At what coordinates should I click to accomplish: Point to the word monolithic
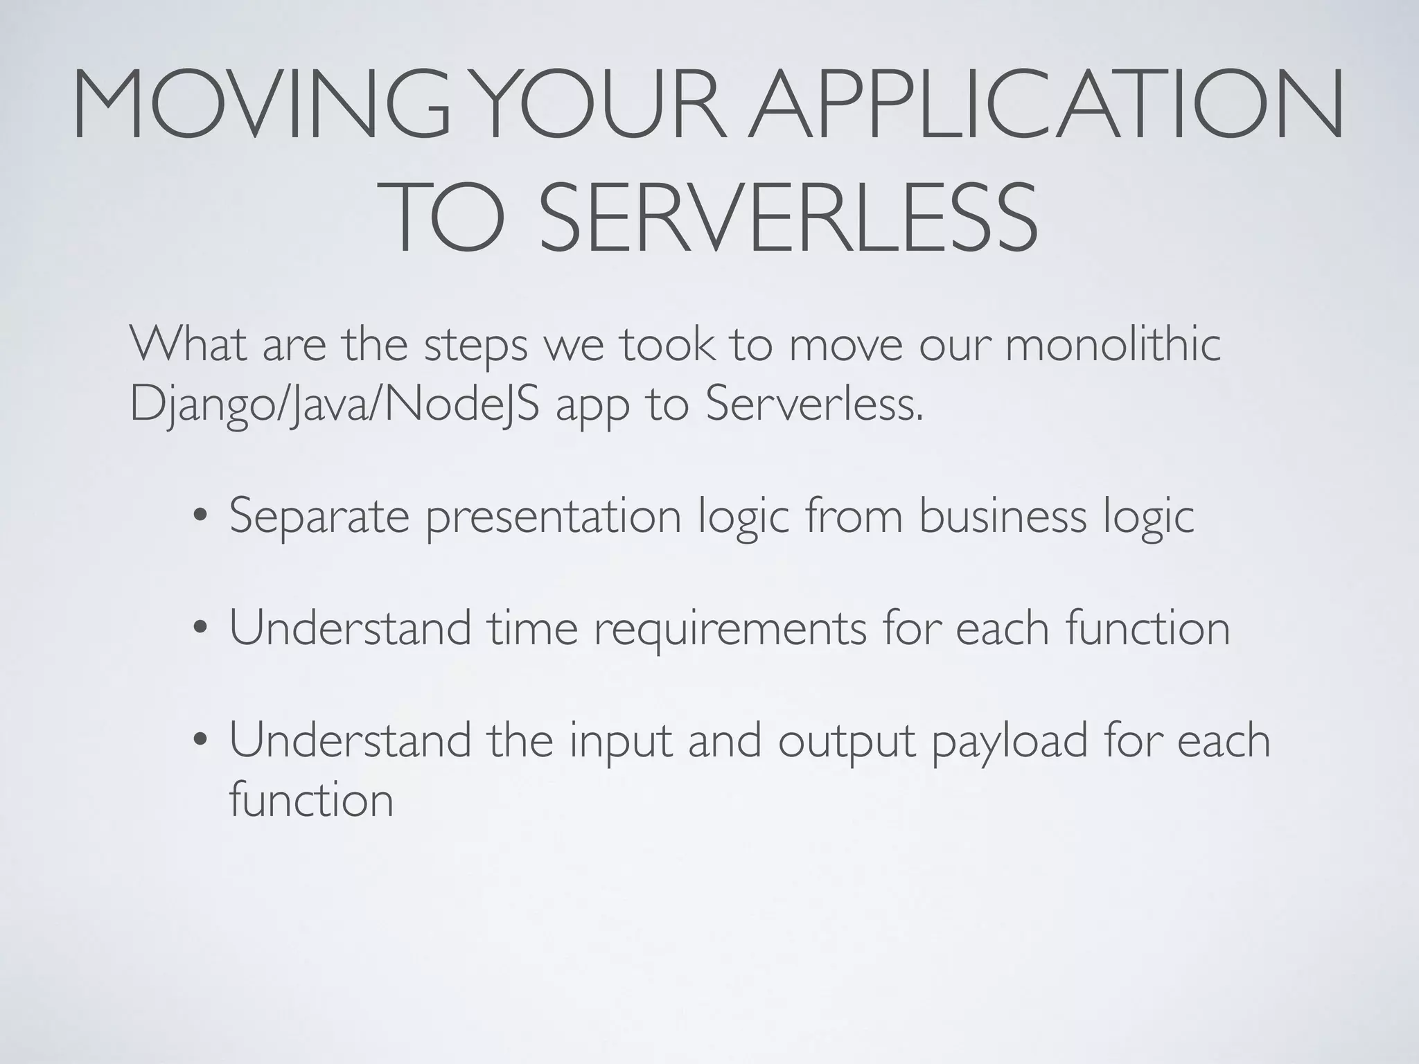pyautogui.click(x=1112, y=344)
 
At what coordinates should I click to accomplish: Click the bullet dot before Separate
pyautogui.click(x=200, y=517)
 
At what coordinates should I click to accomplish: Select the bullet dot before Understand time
pyautogui.click(x=200, y=630)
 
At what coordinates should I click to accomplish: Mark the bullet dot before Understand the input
pyautogui.click(x=200, y=742)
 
